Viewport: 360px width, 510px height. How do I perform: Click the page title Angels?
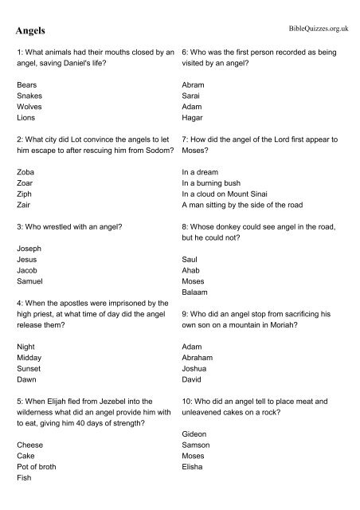[30, 31]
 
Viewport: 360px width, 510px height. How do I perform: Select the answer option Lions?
[26, 116]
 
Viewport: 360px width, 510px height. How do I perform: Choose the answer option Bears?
[27, 83]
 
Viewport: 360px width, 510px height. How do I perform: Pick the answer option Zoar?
[25, 182]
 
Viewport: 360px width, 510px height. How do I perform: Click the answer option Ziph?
[25, 194]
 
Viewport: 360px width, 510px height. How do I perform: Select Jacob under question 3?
[28, 270]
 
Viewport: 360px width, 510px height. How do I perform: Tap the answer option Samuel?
[30, 281]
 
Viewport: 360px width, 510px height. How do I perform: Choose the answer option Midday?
[30, 358]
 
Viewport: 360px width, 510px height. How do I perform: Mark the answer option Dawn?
[27, 380]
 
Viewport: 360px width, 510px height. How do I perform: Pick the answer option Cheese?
[30, 445]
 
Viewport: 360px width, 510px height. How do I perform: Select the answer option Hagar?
[193, 116]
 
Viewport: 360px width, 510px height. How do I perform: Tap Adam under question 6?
[193, 105]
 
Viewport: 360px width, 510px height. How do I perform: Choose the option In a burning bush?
[216, 182]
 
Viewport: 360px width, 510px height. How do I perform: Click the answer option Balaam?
[195, 292]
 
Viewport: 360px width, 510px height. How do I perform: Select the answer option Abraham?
[198, 358]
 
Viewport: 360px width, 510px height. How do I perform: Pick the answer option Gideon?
[195, 433]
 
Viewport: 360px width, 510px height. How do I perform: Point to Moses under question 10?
[194, 456]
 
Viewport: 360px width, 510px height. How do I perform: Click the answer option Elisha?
[193, 467]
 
